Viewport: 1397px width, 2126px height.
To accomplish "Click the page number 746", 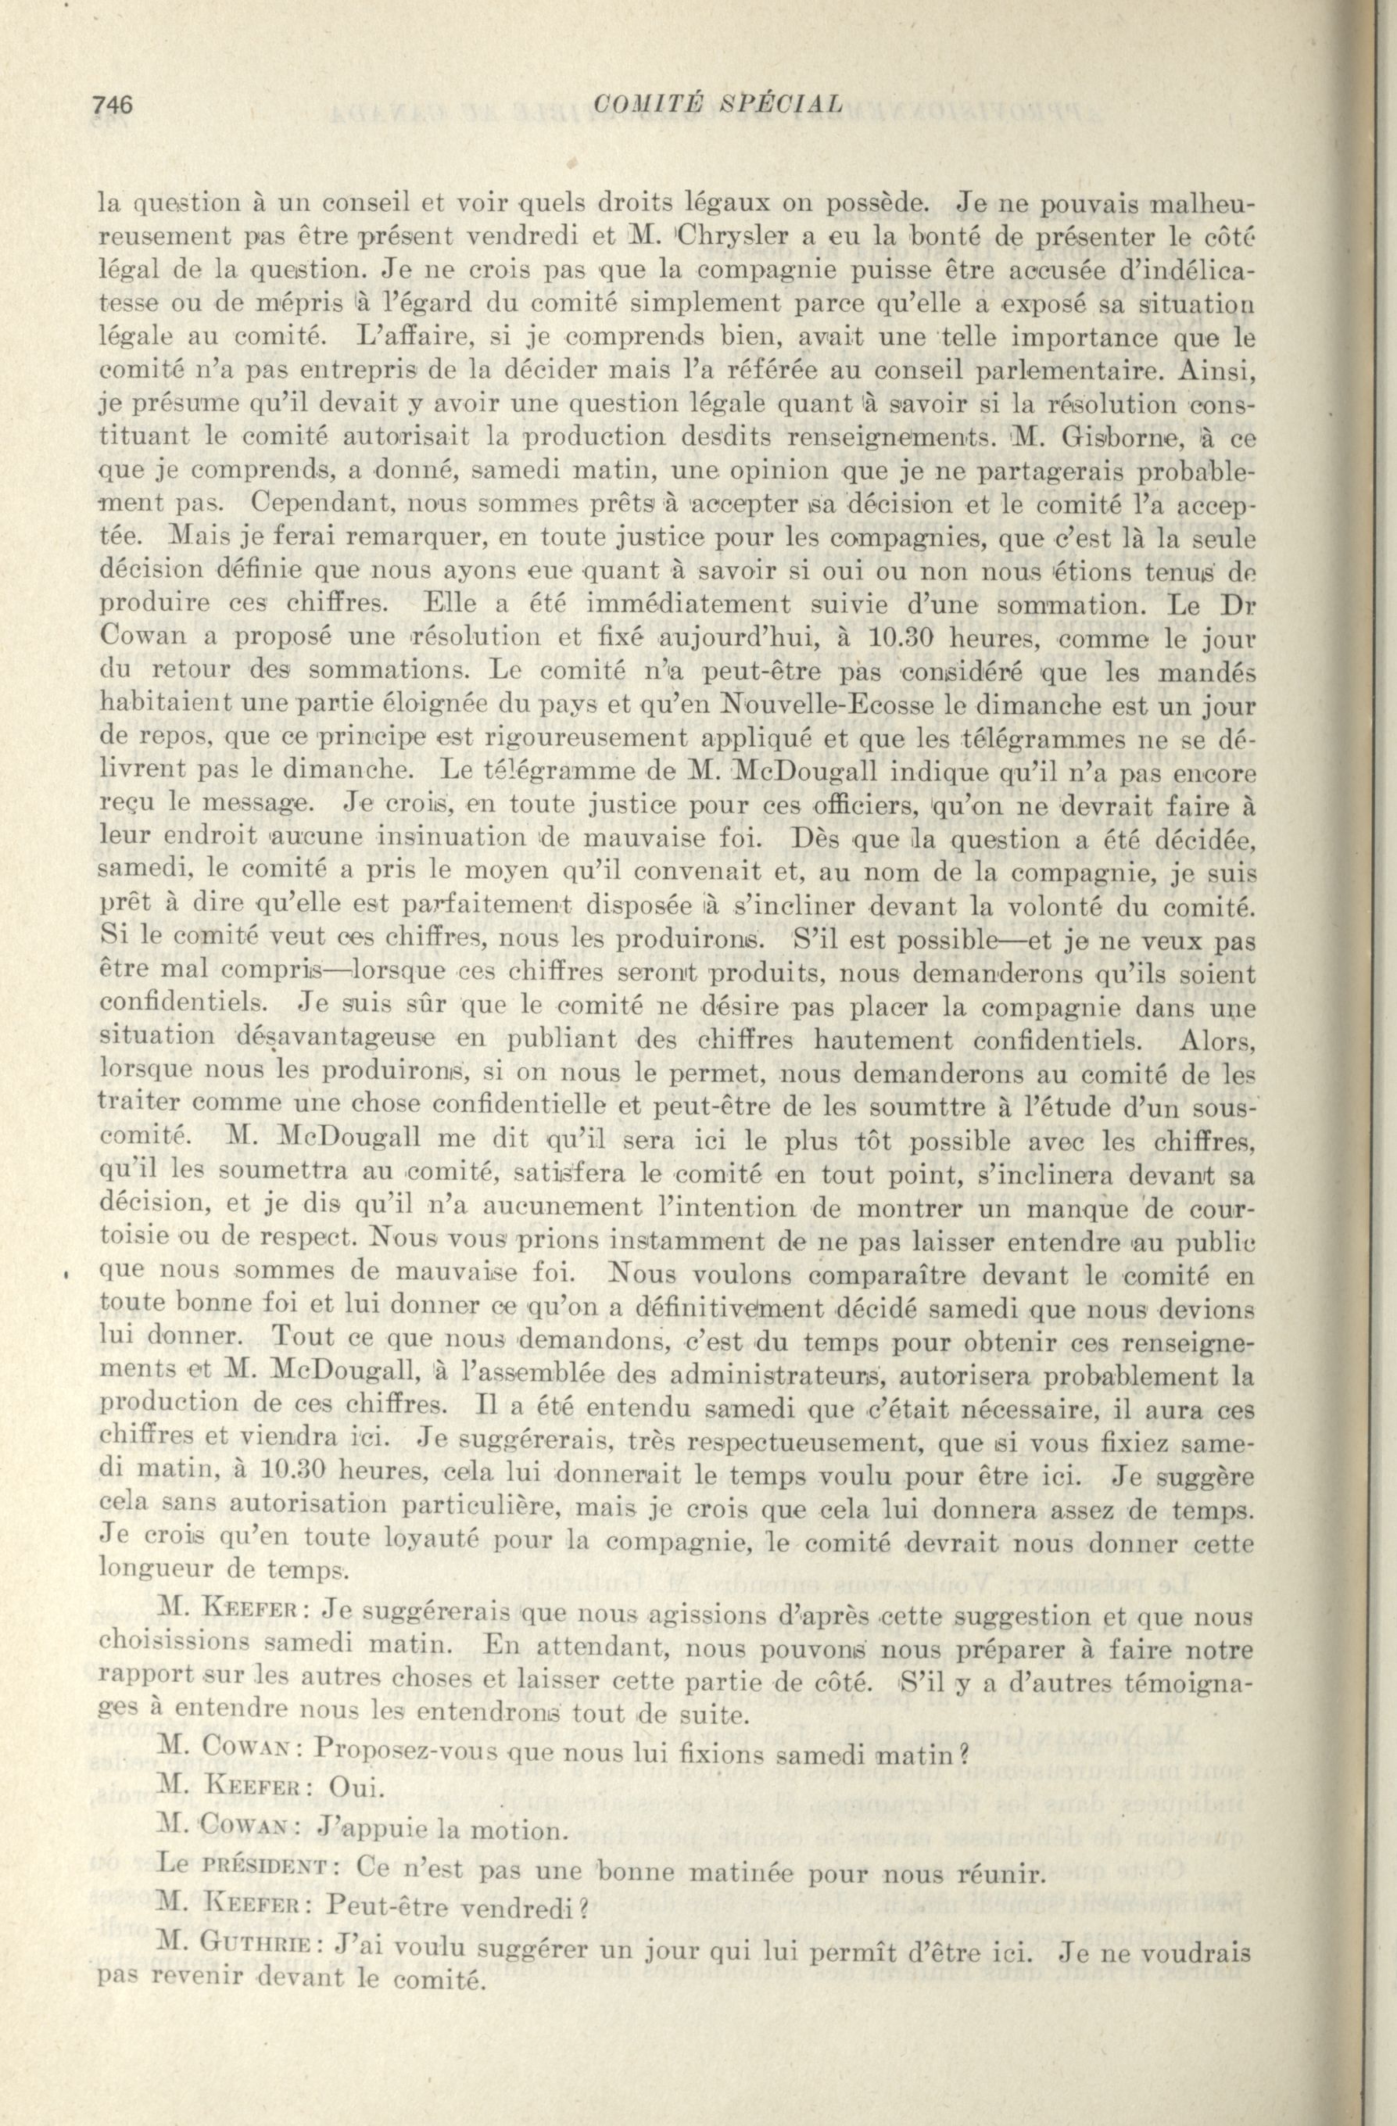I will (x=112, y=106).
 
